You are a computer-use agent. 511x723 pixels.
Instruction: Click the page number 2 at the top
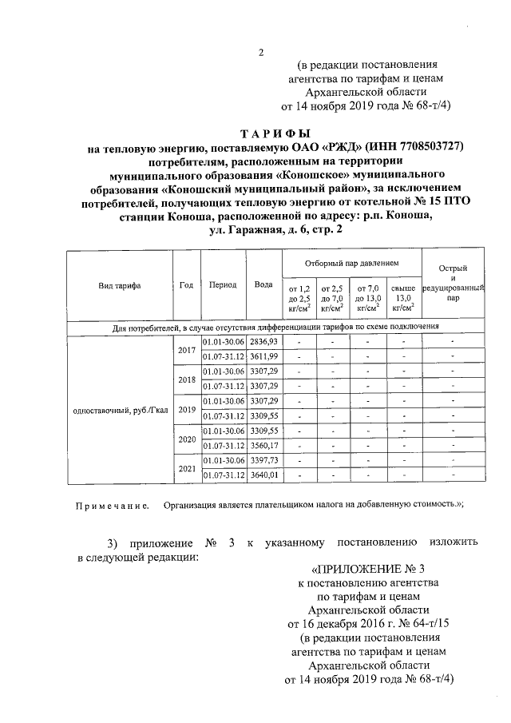point(260,53)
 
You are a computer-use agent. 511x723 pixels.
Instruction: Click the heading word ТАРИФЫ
point(275,133)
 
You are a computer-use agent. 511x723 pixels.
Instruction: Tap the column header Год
point(187,285)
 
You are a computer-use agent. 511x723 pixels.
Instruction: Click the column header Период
point(223,285)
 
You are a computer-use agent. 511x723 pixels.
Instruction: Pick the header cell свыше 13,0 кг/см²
point(403,298)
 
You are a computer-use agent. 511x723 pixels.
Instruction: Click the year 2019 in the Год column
point(187,408)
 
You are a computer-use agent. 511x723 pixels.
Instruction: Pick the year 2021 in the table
point(187,468)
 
